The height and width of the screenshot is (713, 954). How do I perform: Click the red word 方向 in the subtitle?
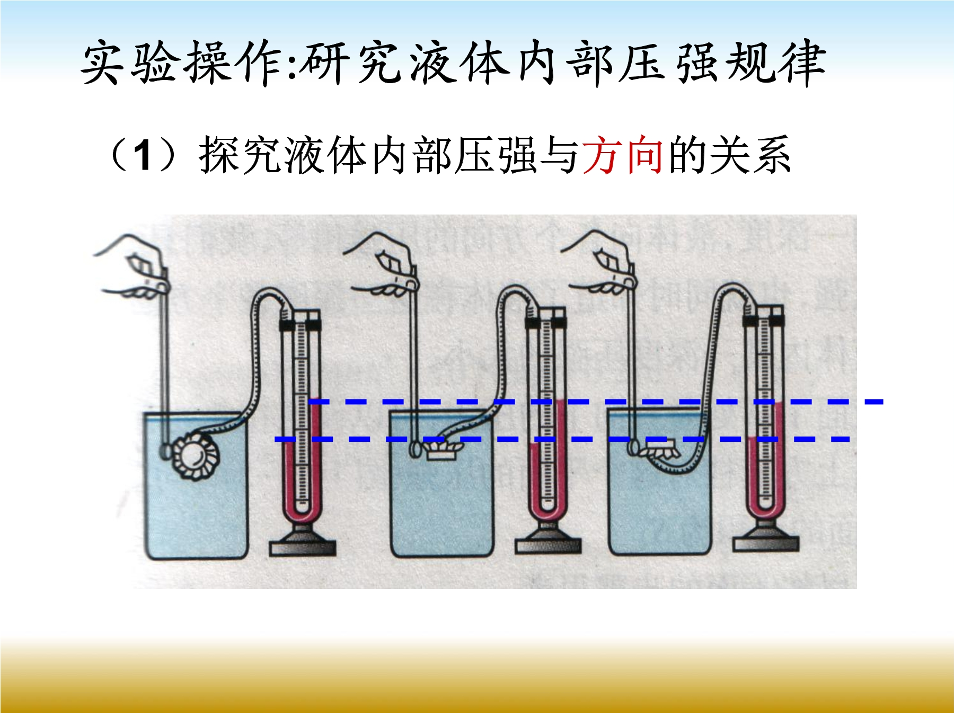[x=623, y=155]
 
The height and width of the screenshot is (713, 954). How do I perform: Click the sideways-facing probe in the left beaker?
[x=195, y=453]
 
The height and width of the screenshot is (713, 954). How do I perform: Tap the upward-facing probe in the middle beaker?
[x=437, y=451]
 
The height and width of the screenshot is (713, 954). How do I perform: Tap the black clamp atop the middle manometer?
[x=546, y=322]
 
